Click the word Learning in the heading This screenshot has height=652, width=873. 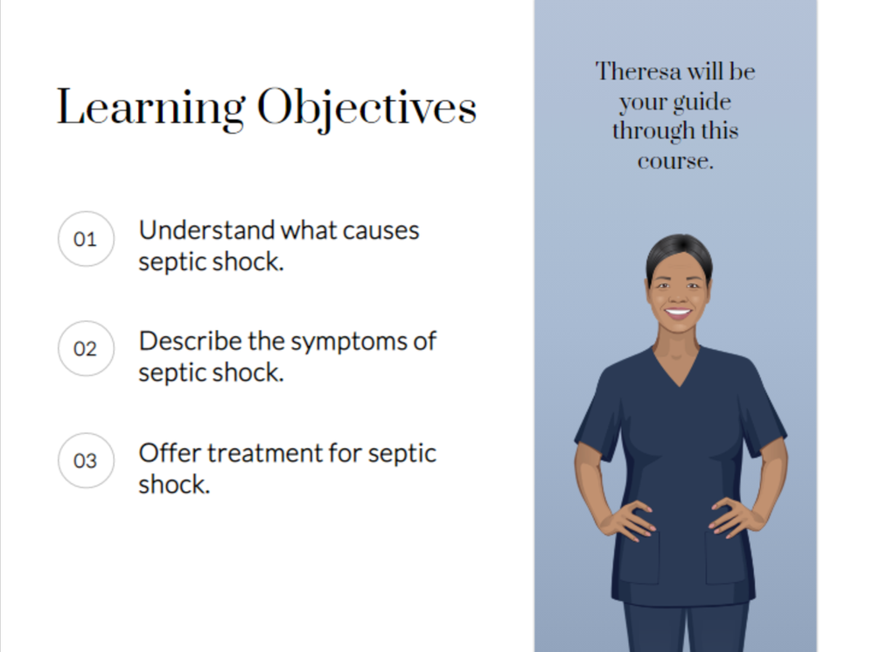(150, 109)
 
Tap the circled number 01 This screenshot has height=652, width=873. (86, 239)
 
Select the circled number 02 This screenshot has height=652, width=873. (86, 348)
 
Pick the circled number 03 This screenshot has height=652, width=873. (86, 460)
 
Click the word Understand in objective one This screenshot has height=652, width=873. (206, 230)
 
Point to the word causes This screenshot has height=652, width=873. (381, 231)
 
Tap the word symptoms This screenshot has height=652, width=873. (349, 342)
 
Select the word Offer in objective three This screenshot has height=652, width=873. (170, 452)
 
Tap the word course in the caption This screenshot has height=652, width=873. (675, 162)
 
